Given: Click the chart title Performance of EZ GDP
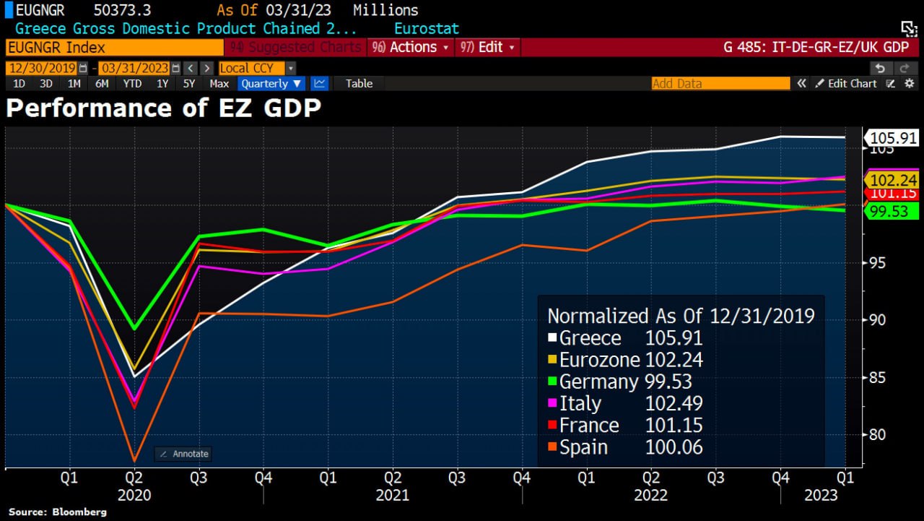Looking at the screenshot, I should tap(163, 108).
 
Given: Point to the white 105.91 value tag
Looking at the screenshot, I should tap(892, 137).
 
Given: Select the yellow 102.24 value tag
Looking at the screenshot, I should tap(892, 180).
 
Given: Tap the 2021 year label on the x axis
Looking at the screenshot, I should tap(392, 495).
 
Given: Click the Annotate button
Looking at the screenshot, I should tap(183, 454).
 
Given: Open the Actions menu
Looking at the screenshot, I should tap(409, 47).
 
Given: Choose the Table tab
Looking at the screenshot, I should tap(359, 83).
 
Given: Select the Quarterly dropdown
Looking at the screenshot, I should tap(271, 83).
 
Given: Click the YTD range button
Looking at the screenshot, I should tap(132, 83).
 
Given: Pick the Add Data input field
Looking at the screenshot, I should tap(720, 83).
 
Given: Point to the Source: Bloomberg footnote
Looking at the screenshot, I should tap(58, 512).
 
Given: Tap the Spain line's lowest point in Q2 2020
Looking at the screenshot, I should tap(134, 460).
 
